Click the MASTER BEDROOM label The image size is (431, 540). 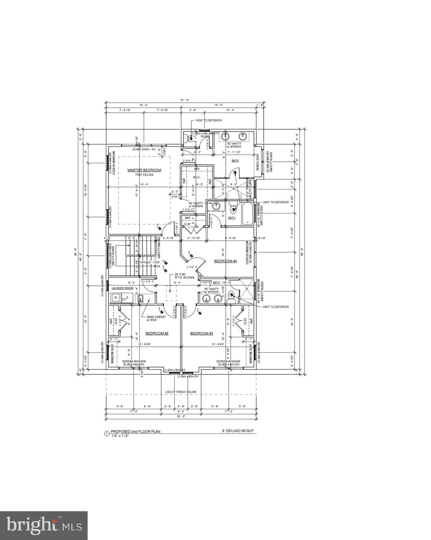click(x=144, y=170)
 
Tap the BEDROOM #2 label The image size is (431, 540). click(x=157, y=333)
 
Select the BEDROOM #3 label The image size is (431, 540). click(x=202, y=333)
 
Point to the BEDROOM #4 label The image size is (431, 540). click(x=225, y=261)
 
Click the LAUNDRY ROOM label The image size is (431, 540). click(x=122, y=288)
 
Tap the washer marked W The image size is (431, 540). click(x=115, y=298)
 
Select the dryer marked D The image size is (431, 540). click(x=127, y=298)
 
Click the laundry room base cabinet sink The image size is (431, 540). click(x=141, y=300)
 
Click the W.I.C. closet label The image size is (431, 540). click(x=196, y=177)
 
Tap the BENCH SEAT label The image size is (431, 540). click(x=258, y=162)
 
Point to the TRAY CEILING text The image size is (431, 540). click(x=144, y=175)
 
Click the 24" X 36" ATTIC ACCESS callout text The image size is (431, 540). click(x=184, y=276)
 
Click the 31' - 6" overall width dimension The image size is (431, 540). click(x=185, y=100)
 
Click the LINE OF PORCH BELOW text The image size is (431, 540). click(x=181, y=392)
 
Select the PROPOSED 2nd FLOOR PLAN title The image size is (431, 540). click(x=135, y=431)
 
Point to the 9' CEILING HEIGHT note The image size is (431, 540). click(x=237, y=431)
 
